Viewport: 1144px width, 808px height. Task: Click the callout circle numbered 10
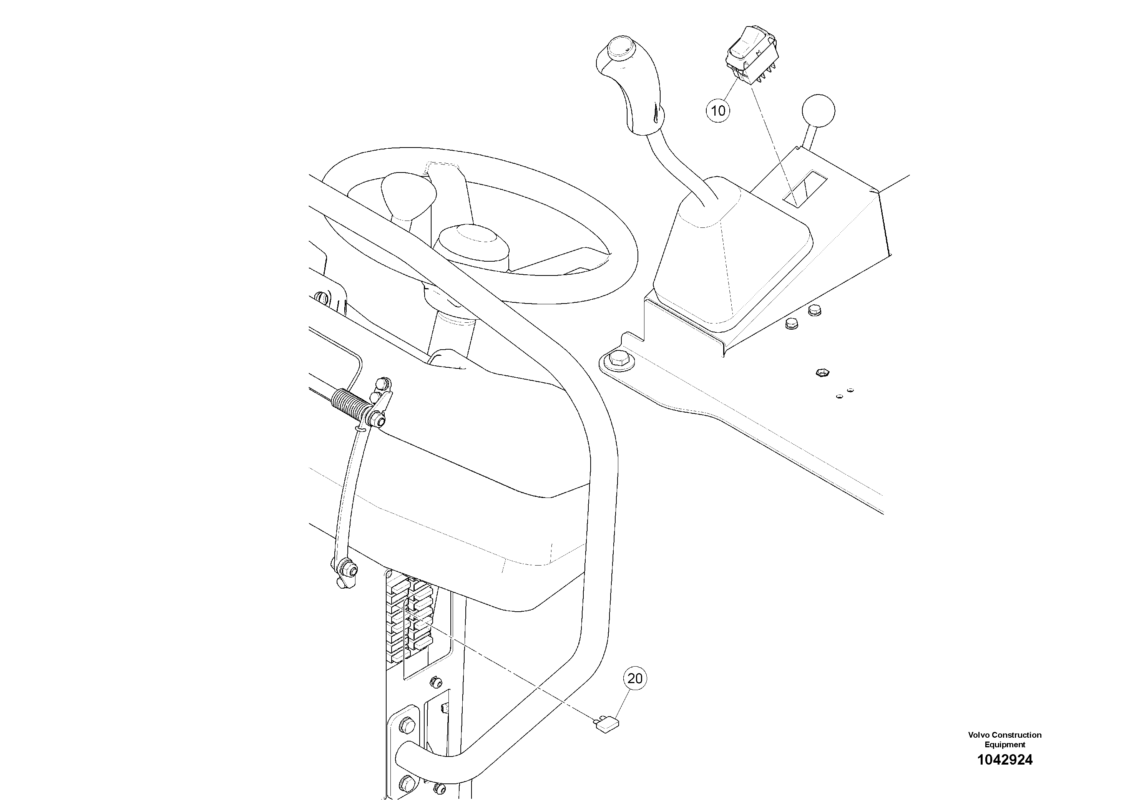(x=718, y=110)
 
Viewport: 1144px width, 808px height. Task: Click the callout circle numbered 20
(x=635, y=679)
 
